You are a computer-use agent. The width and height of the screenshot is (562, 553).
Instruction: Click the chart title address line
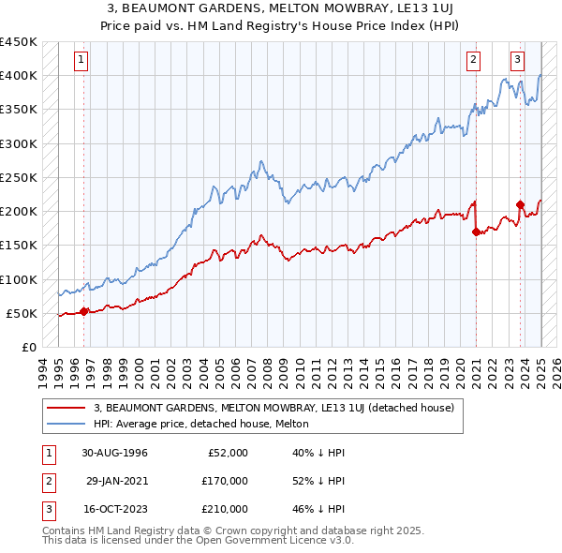280,9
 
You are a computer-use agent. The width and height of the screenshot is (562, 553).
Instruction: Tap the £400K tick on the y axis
19,76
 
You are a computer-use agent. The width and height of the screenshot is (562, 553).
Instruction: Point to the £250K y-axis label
19,178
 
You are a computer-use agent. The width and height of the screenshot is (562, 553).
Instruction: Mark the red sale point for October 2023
520,203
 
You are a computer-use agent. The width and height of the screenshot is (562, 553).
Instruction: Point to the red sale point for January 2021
476,232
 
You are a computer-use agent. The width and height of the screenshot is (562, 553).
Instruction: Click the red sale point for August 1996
84,311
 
